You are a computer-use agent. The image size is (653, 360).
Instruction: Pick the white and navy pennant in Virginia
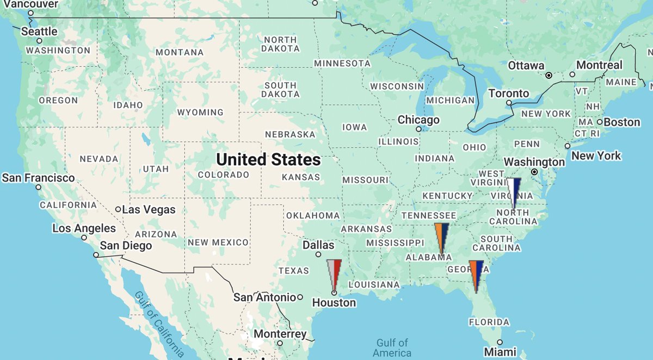(x=514, y=190)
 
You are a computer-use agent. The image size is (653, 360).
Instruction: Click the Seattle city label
(x=39, y=32)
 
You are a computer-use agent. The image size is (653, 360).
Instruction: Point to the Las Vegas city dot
(x=118, y=209)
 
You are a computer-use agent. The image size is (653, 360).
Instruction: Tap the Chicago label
(x=418, y=120)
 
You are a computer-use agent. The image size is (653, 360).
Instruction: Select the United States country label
(x=268, y=160)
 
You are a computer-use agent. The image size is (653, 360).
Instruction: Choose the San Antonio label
(x=264, y=297)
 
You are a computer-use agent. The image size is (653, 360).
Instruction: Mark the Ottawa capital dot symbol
(x=549, y=75)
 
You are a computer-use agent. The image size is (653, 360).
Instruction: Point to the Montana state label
(x=180, y=53)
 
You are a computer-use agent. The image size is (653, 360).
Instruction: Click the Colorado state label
(x=223, y=175)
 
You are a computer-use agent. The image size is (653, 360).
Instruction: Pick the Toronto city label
(x=509, y=94)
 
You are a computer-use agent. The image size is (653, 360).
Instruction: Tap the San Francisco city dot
(x=39, y=187)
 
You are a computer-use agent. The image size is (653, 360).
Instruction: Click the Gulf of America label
(x=392, y=347)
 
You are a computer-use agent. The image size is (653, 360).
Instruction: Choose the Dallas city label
(x=318, y=245)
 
